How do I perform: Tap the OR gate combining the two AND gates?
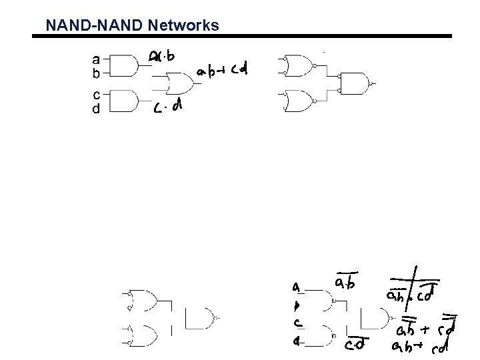pos(179,84)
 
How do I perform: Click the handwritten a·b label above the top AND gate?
pos(163,57)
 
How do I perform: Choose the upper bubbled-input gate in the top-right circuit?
pos(299,65)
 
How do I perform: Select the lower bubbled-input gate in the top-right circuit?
pos(299,101)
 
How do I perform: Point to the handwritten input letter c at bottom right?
pos(298,323)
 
